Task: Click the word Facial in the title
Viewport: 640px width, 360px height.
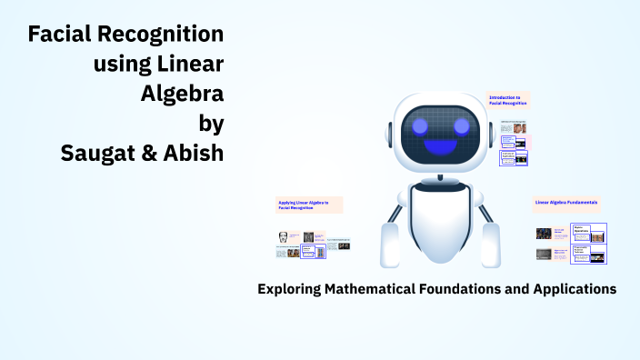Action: point(61,35)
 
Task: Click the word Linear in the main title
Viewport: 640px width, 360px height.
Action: point(192,65)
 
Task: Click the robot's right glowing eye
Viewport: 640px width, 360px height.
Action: point(462,125)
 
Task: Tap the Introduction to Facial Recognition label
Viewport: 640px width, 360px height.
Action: point(509,100)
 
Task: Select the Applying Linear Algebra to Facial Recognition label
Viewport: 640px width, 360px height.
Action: point(305,204)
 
